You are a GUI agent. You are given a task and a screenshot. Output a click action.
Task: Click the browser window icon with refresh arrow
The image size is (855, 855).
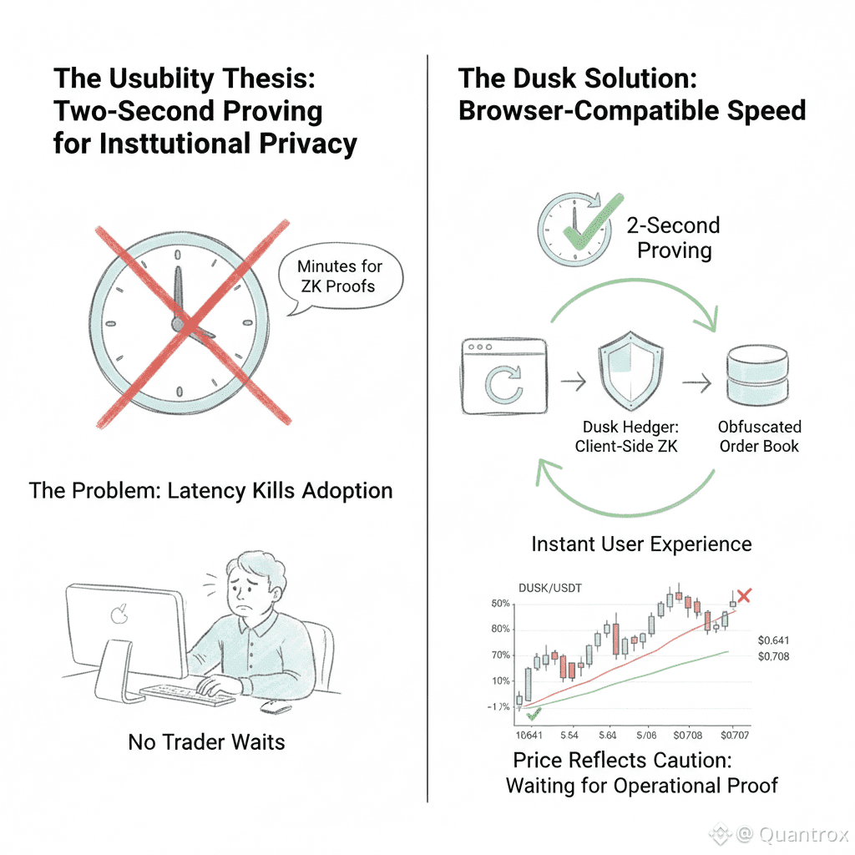pyautogui.click(x=503, y=377)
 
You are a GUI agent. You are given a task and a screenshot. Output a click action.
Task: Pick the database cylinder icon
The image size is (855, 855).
pyautogui.click(x=758, y=377)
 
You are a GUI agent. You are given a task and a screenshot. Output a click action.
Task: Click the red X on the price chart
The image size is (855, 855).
pyautogui.click(x=744, y=596)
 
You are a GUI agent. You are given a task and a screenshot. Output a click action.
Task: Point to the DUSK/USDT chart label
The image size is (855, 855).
pyautogui.click(x=551, y=588)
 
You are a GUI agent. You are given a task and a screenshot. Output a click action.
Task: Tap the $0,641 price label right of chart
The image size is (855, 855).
pyautogui.click(x=772, y=640)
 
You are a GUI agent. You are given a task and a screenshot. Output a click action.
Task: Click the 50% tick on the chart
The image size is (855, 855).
pyautogui.click(x=501, y=604)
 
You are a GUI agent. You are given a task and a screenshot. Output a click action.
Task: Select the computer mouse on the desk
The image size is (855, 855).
pyautogui.click(x=276, y=707)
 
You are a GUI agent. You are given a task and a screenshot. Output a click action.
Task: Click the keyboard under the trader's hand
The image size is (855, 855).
pyautogui.click(x=187, y=693)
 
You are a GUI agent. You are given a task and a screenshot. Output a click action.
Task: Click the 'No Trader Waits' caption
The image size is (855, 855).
pyautogui.click(x=206, y=741)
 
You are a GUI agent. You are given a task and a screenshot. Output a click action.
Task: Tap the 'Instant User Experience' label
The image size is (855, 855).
pyautogui.click(x=641, y=544)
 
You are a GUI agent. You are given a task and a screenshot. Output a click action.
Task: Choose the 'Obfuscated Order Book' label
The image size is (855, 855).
pyautogui.click(x=758, y=437)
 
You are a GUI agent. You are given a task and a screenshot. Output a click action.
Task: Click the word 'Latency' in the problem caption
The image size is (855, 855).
pyautogui.click(x=207, y=490)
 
